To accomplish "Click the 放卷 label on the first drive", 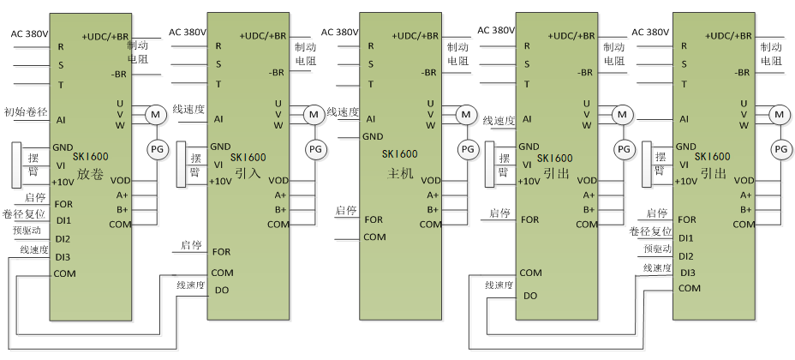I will pos(89,173).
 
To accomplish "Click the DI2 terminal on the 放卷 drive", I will pos(63,238).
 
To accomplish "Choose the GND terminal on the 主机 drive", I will pos(373,135).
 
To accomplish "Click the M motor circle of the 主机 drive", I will pos(466,113).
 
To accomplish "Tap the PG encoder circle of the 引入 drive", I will pos(314,149).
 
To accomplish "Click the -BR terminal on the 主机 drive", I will pos(430,73).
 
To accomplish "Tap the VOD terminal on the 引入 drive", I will pos(278,181).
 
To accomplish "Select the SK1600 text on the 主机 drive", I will pos(400,154).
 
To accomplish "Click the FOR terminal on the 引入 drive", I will pos(221,251).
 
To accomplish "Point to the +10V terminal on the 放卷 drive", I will pos(63,182).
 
